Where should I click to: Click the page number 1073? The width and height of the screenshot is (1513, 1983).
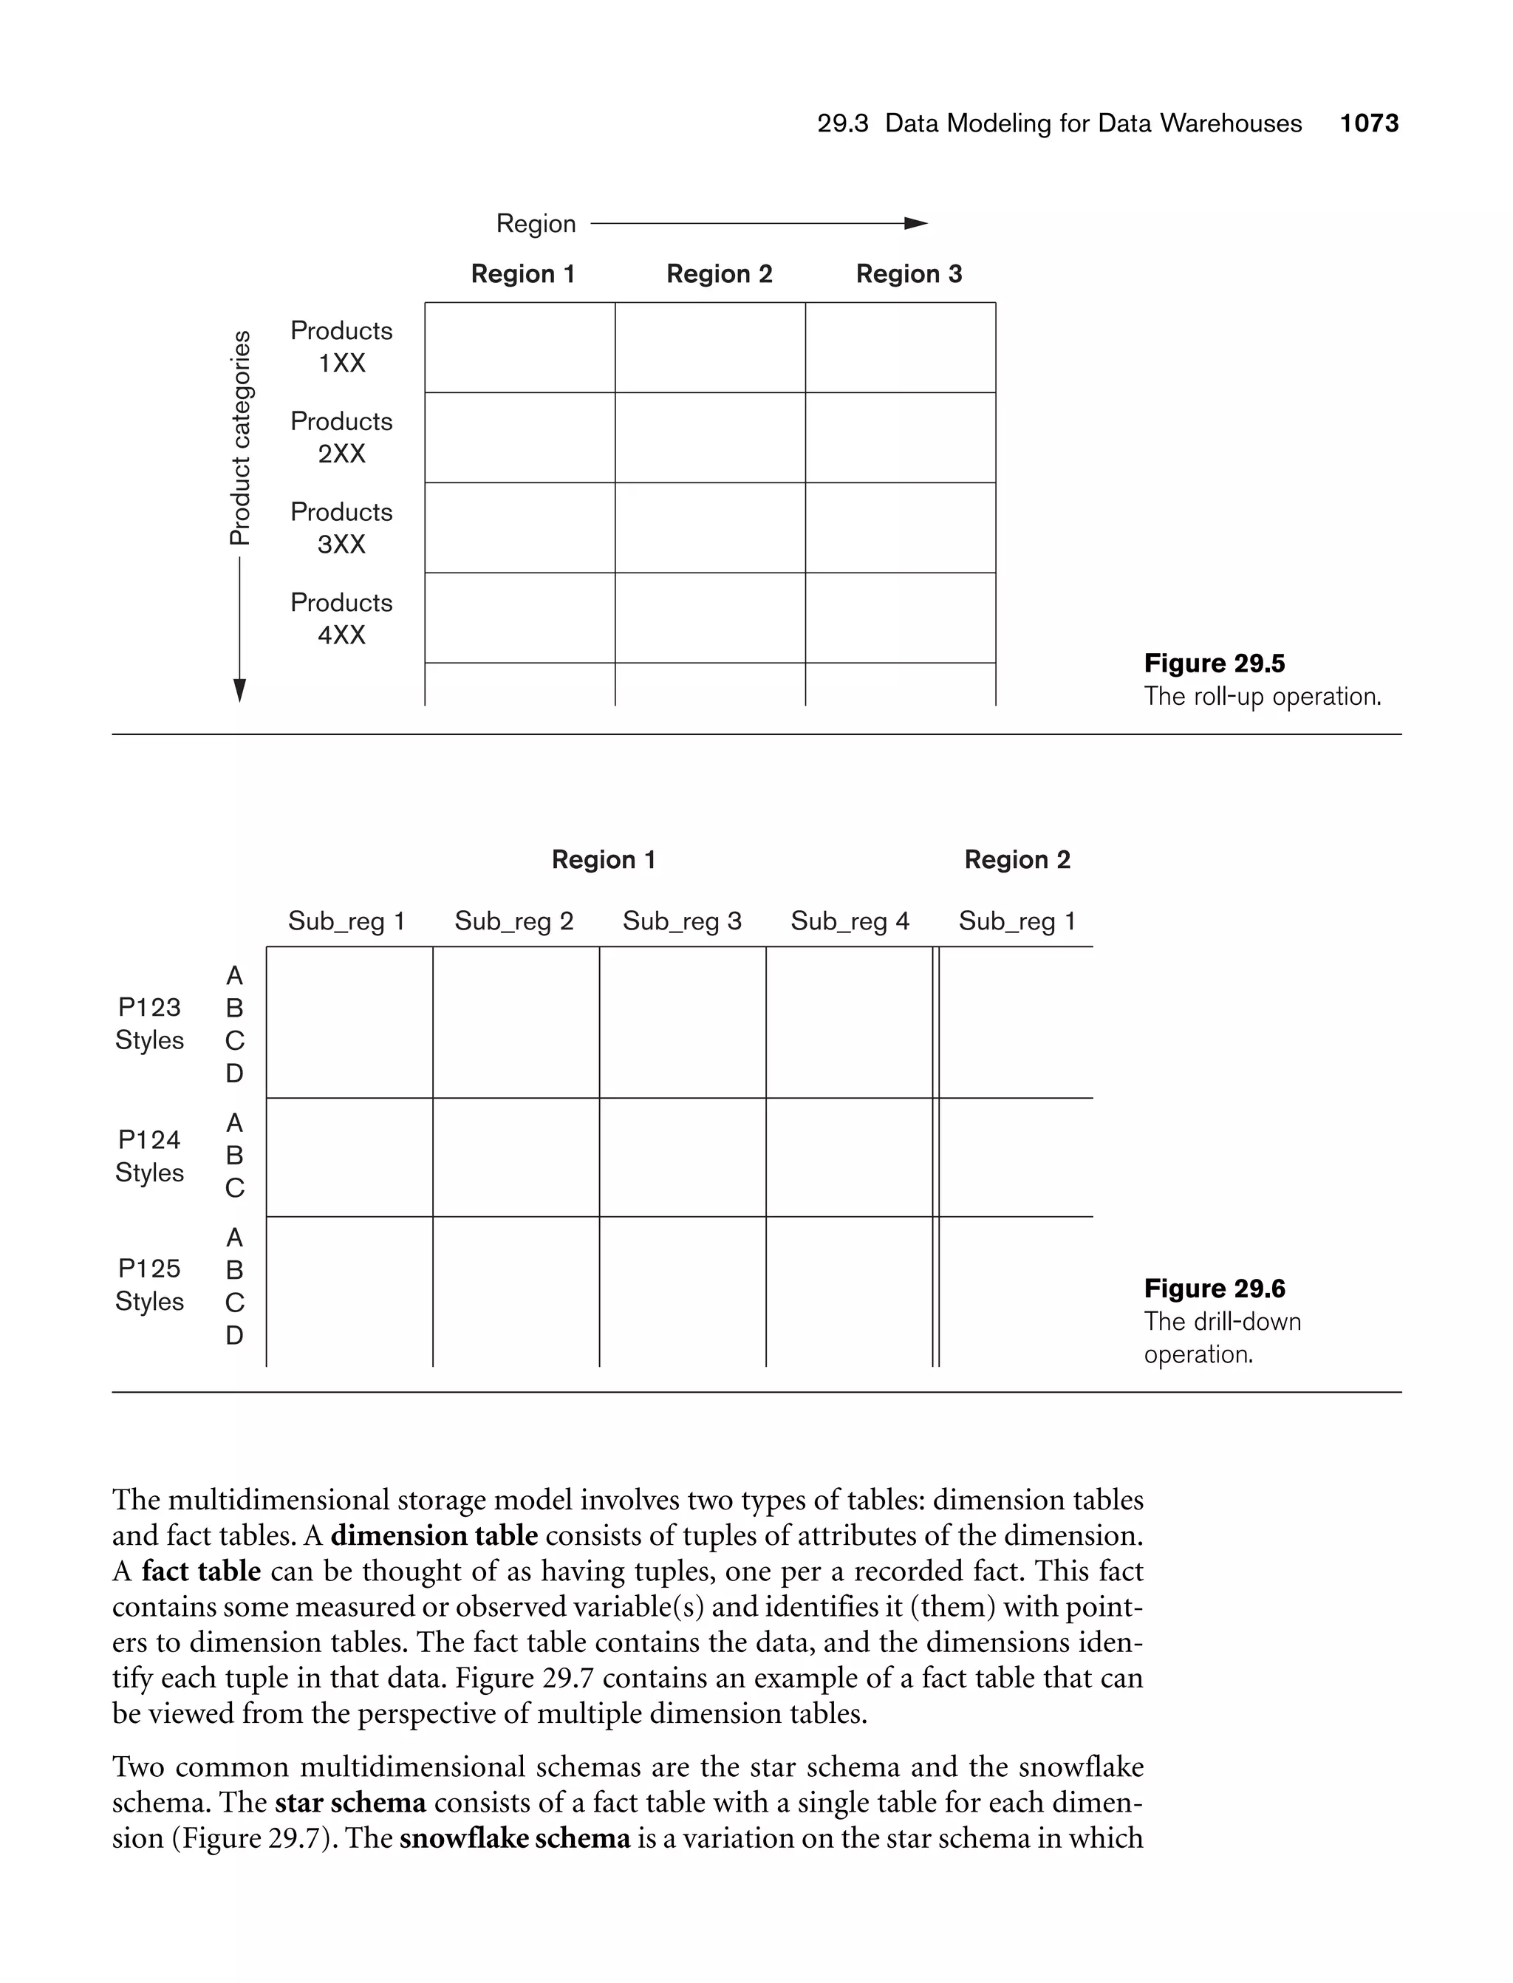click(x=1368, y=123)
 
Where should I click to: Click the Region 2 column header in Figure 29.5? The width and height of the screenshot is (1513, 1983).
click(x=719, y=274)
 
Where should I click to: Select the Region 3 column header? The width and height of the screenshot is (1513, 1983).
click(x=909, y=274)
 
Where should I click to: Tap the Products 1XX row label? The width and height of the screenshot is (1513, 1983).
click(x=341, y=347)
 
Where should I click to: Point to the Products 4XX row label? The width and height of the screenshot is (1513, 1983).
click(x=341, y=618)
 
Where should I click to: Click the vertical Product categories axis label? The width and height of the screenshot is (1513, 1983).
click(x=239, y=439)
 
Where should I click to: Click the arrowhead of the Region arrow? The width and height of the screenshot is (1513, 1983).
click(x=916, y=223)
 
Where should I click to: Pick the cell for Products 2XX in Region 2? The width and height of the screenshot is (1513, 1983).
click(x=710, y=437)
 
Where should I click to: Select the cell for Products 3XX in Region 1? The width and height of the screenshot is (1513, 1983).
click(x=519, y=528)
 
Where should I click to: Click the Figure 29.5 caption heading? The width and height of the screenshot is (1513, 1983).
click(x=1214, y=663)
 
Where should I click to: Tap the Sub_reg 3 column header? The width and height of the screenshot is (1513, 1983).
click(x=682, y=921)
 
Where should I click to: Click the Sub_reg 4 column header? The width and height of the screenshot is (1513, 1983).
click(x=850, y=921)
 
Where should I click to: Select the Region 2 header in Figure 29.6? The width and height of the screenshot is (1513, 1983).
click(x=1017, y=860)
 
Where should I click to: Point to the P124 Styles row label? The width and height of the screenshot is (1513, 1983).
click(x=149, y=1156)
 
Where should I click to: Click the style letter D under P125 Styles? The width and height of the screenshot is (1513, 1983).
click(x=234, y=1336)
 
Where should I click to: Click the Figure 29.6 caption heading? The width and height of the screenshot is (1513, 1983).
click(x=1214, y=1289)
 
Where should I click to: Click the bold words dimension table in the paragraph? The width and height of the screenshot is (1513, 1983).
click(x=434, y=1535)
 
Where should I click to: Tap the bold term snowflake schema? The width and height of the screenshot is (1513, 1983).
click(x=514, y=1837)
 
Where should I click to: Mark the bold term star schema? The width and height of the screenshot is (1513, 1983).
click(x=350, y=1802)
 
